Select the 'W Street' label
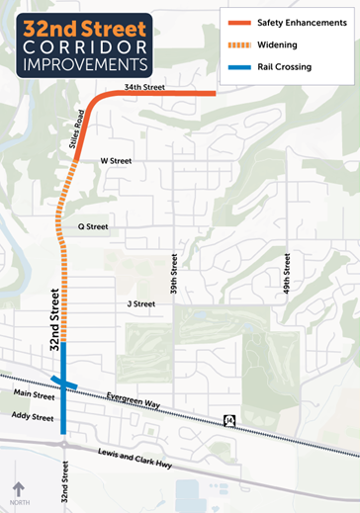pos(116,160)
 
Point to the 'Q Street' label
pos(93,226)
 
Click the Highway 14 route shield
pos(229,422)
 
